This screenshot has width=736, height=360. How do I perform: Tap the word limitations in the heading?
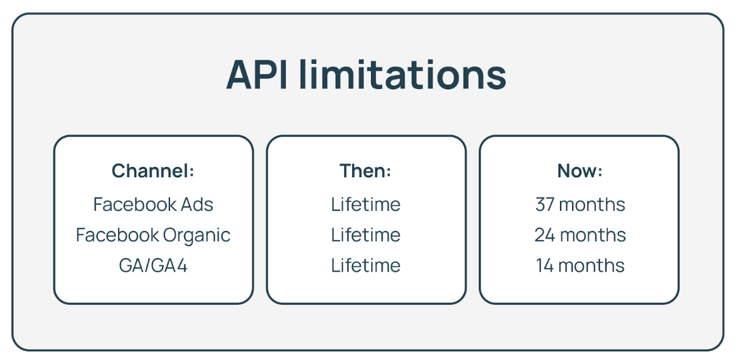tap(403, 75)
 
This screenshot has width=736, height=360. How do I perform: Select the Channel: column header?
tap(153, 171)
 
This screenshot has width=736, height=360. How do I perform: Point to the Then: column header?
tap(366, 171)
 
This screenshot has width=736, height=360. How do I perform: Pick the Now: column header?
tap(579, 171)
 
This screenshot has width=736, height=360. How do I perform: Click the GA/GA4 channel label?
tap(153, 266)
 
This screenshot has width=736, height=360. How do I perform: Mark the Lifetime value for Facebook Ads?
tap(366, 204)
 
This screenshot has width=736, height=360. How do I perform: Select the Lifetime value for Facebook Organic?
tap(366, 235)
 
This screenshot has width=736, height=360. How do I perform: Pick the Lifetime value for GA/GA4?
tap(366, 266)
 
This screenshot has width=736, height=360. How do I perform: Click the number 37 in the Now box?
tap(544, 204)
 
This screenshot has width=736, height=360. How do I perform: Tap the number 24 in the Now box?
tap(544, 235)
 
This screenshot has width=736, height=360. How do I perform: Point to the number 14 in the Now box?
tap(545, 266)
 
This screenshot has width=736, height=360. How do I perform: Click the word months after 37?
tap(592, 204)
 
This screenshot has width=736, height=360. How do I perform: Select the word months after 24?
tap(592, 235)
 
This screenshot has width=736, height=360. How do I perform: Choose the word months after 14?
tap(592, 266)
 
